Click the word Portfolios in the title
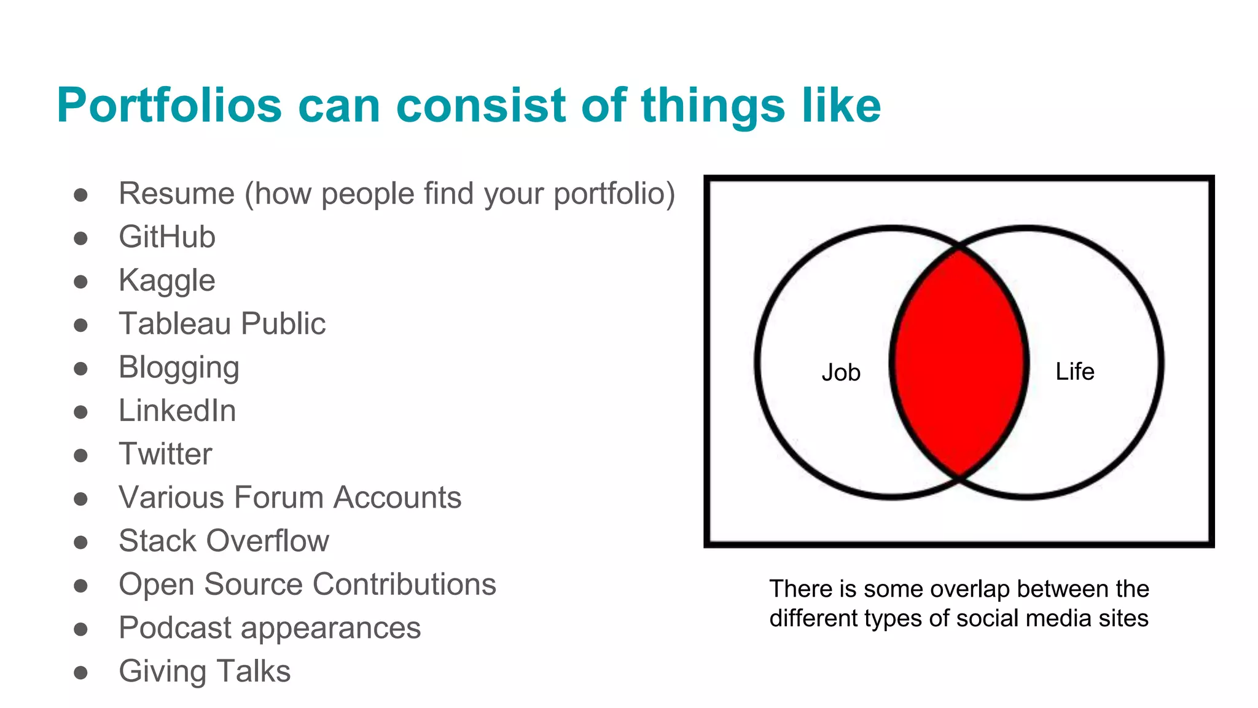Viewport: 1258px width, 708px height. [169, 106]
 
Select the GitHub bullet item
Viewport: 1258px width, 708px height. [166, 237]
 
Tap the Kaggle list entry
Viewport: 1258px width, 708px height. [166, 281]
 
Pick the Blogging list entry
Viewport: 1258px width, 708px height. [179, 368]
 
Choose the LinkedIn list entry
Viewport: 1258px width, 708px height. [177, 411]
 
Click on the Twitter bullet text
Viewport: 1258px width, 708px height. [165, 454]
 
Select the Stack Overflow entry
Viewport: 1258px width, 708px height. [224, 541]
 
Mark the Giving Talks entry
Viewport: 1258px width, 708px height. [205, 671]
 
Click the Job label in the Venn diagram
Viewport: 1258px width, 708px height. [841, 372]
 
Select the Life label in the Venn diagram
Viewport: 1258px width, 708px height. [1074, 371]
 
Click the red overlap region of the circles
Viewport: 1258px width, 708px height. [958, 363]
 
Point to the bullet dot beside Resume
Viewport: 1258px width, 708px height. [80, 195]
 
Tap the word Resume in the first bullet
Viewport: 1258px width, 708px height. [176, 194]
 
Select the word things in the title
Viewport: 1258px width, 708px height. [713, 106]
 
